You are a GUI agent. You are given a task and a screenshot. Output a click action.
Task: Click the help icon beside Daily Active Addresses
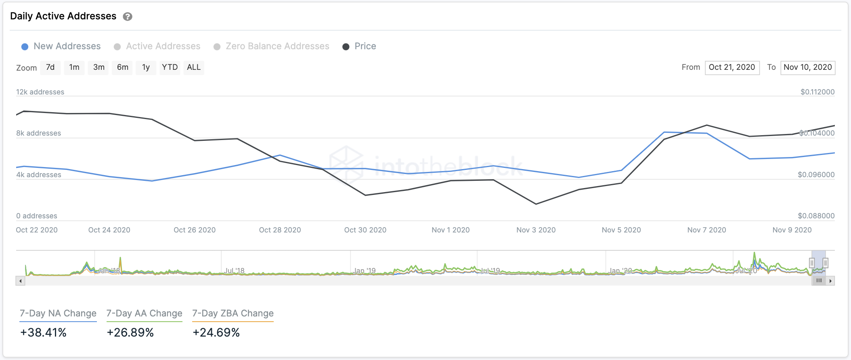click(x=128, y=17)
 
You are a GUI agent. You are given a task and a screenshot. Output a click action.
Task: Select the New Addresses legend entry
click(x=61, y=46)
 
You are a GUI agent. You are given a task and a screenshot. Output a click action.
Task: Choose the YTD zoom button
click(x=170, y=67)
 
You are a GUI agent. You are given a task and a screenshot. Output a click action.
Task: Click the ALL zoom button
click(x=194, y=67)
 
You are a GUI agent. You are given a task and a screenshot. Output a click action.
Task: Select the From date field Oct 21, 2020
click(x=732, y=67)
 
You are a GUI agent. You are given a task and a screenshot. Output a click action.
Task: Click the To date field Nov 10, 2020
click(x=807, y=67)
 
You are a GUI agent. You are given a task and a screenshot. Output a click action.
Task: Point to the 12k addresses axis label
click(x=40, y=92)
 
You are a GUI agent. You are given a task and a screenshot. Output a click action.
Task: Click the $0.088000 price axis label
click(x=816, y=216)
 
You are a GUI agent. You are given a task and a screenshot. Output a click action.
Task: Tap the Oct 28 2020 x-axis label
click(x=280, y=230)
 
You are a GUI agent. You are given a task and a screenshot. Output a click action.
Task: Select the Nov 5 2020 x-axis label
click(x=621, y=230)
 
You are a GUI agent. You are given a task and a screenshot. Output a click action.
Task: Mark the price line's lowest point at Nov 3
click(x=536, y=204)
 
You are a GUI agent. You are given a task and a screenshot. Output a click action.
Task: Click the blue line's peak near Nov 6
click(x=664, y=132)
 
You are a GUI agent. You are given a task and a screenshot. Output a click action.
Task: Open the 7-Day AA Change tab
click(x=144, y=314)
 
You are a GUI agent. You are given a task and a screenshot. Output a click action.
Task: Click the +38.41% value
click(x=44, y=333)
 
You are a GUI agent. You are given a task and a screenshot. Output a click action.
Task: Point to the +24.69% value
click(x=216, y=333)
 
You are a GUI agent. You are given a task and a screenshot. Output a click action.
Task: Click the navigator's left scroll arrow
click(x=21, y=281)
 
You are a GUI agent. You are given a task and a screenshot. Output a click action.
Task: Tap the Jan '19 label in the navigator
click(x=365, y=270)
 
